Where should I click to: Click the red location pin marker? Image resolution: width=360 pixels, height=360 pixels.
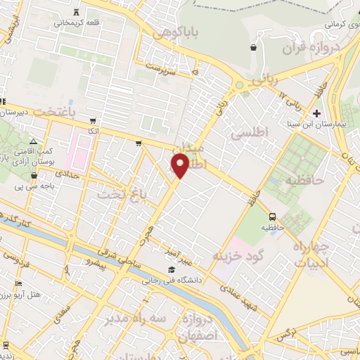point(179,166)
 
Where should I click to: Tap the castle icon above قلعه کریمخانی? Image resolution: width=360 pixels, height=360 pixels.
point(76,11)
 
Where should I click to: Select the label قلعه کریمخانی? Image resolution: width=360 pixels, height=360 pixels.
point(74,22)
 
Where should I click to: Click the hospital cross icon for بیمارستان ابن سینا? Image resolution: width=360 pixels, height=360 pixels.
point(316,112)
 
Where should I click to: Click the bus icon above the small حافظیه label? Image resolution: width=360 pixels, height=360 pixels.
point(272,216)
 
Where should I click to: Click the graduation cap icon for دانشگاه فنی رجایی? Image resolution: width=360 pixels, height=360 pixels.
point(171,270)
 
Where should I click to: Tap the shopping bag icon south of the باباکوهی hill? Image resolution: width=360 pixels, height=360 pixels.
point(252,48)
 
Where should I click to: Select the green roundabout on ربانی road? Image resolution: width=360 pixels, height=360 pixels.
point(238,86)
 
